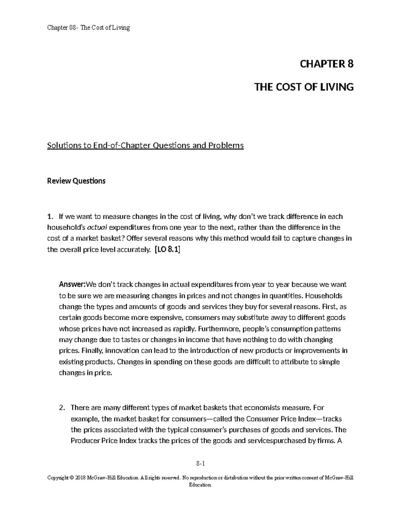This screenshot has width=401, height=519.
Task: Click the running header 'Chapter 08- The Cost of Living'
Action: [x=88, y=28]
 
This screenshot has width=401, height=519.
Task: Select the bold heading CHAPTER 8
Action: [x=326, y=64]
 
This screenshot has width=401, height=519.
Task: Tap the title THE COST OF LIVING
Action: [x=304, y=87]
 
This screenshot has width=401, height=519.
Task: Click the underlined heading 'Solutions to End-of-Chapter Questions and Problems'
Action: [x=145, y=146]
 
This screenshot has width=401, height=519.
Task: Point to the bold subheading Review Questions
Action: [x=76, y=181]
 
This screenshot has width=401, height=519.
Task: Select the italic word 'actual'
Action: [x=97, y=228]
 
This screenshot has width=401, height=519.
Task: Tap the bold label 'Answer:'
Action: [x=72, y=285]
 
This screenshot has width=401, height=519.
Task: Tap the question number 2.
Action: [x=61, y=408]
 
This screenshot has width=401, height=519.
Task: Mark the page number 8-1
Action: [x=200, y=464]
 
